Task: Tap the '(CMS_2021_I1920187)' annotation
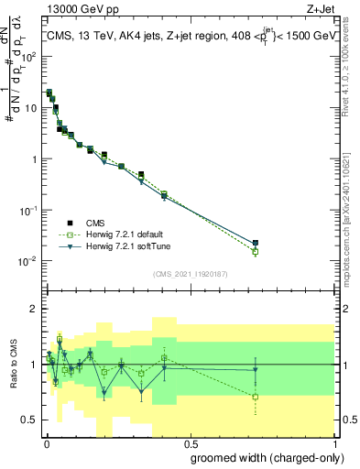(x=190, y=273)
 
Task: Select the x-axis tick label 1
(x=335, y=443)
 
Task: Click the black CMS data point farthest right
(x=256, y=243)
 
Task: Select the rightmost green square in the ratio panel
(x=256, y=397)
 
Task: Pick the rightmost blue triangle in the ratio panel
(x=256, y=370)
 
